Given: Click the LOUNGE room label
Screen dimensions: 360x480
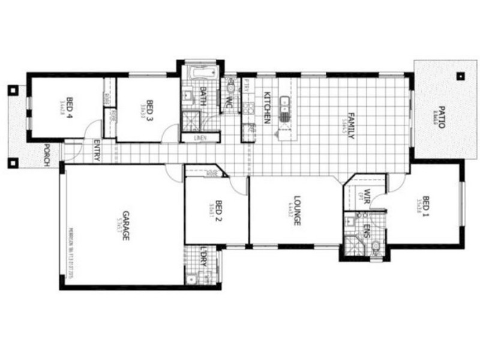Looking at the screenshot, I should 296,210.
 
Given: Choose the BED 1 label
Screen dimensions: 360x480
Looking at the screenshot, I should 426,206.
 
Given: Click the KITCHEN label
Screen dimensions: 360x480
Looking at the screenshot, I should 268,107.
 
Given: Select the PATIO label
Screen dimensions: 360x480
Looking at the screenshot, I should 441,118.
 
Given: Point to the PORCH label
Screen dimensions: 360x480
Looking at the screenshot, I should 46,156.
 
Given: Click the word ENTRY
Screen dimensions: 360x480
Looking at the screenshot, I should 97,151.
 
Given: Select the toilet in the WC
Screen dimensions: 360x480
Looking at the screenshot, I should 231,89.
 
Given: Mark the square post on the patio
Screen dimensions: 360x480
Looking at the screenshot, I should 460,76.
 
